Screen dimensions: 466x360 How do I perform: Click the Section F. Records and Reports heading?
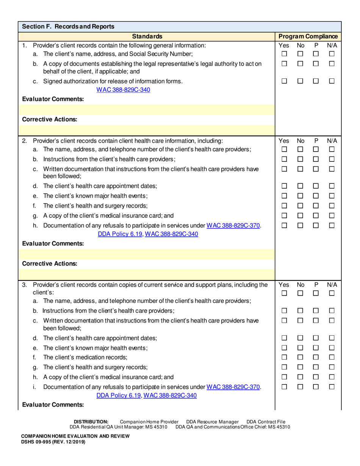(68, 27)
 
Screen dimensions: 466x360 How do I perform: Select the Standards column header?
(147, 36)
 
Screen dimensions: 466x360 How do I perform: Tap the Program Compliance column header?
(308, 36)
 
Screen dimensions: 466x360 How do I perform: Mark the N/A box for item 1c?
(332, 81)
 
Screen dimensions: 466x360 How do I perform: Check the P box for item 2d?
(316, 186)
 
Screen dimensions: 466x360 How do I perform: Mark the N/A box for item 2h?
(332, 225)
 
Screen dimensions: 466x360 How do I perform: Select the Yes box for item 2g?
(284, 216)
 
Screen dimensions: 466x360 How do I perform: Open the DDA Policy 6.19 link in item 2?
(120, 234)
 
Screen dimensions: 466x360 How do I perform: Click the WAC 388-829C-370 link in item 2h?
(233, 226)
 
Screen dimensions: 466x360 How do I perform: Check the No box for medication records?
(300, 357)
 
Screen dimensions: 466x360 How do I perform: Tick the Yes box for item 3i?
(284, 387)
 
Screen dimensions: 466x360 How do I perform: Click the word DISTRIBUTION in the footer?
(91, 422)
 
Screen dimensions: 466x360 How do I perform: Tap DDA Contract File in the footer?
(266, 422)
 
